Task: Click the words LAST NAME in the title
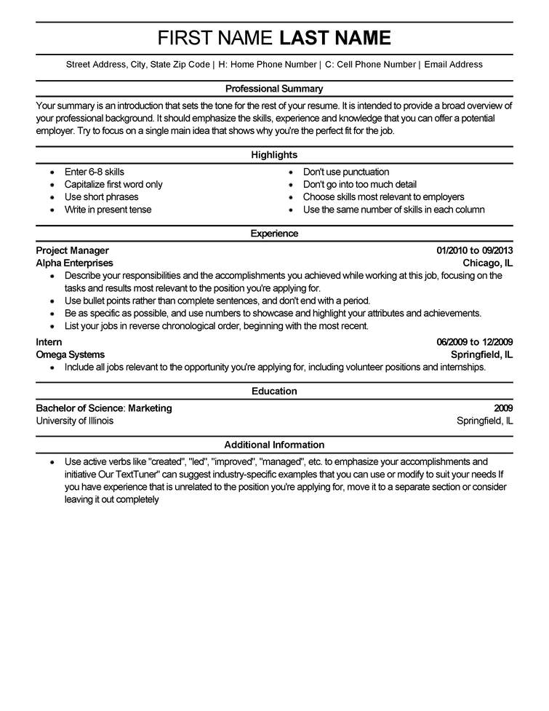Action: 335,39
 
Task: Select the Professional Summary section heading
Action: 274,89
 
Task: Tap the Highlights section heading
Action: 274,155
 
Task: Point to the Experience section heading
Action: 274,234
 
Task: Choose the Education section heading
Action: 274,392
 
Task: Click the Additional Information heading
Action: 274,445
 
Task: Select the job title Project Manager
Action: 72,250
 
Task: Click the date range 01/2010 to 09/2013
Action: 475,250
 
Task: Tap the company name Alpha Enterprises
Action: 74,263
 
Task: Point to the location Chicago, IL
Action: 488,263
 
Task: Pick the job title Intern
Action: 49,342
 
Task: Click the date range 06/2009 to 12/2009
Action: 475,342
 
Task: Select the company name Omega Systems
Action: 70,354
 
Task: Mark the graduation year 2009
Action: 503,408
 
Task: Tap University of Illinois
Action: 75,421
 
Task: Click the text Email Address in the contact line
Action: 453,65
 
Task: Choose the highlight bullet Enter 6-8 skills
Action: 95,172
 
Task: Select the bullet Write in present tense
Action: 108,210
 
